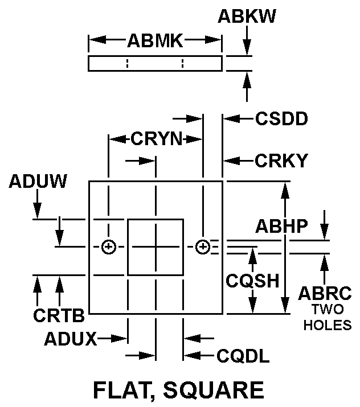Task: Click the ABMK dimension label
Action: [x=155, y=40]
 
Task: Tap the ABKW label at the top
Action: [x=247, y=17]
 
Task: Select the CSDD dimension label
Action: [x=281, y=119]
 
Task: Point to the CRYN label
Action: [x=156, y=138]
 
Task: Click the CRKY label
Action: [x=281, y=161]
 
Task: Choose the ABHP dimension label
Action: [x=281, y=226]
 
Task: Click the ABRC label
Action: [x=325, y=293]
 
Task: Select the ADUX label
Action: [x=70, y=339]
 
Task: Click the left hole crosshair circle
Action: [x=108, y=246]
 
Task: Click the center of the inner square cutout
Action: [x=156, y=246]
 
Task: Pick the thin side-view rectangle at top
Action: [x=155, y=63]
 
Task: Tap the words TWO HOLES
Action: [x=328, y=318]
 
